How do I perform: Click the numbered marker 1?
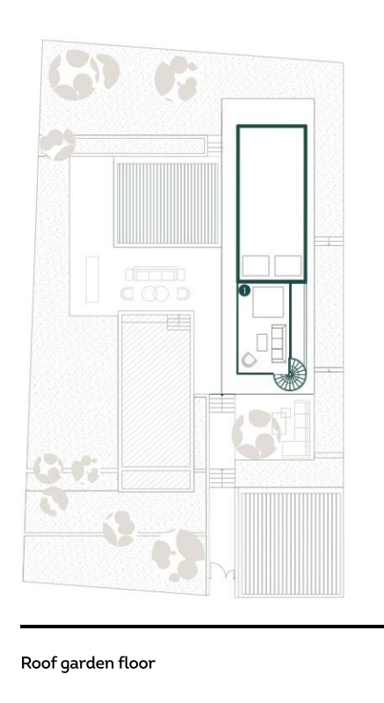coord(244,291)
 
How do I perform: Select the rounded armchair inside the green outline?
coord(248,359)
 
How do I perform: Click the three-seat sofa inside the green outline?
coord(279,343)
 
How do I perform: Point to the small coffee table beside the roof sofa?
coord(262,343)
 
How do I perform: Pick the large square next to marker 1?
coord(268,302)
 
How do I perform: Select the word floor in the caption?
coord(137,663)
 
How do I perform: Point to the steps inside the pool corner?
coord(178,322)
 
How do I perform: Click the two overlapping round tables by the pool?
coord(155,294)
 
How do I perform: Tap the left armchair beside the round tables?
coord(127,294)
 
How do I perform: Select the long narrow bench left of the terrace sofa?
coord(92,279)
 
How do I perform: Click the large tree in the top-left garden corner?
coord(83,74)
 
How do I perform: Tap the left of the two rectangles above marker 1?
coord(256,265)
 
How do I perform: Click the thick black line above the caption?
coord(202,627)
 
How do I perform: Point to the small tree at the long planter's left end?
coord(57,144)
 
